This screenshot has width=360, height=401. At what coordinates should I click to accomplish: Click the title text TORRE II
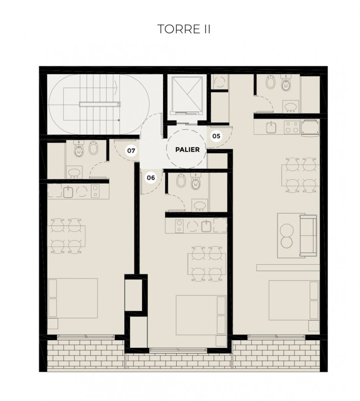[183, 29]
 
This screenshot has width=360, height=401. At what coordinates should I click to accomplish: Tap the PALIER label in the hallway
[186, 149]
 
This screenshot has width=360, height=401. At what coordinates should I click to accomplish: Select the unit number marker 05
[216, 136]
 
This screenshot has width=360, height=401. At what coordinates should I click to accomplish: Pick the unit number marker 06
[151, 178]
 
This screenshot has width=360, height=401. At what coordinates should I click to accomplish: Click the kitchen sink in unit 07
[69, 192]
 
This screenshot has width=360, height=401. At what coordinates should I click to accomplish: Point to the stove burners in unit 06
[179, 227]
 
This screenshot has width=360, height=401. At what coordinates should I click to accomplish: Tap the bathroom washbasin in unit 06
[199, 206]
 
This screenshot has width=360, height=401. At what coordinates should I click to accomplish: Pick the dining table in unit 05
[299, 173]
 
